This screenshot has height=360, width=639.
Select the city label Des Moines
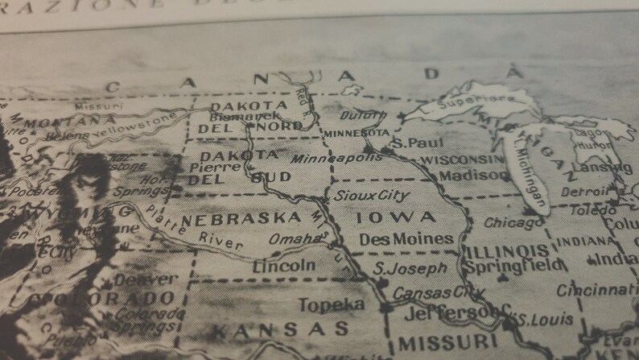tap(406, 239)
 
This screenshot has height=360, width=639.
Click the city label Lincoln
tap(284, 265)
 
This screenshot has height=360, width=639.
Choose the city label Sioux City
tap(372, 195)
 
